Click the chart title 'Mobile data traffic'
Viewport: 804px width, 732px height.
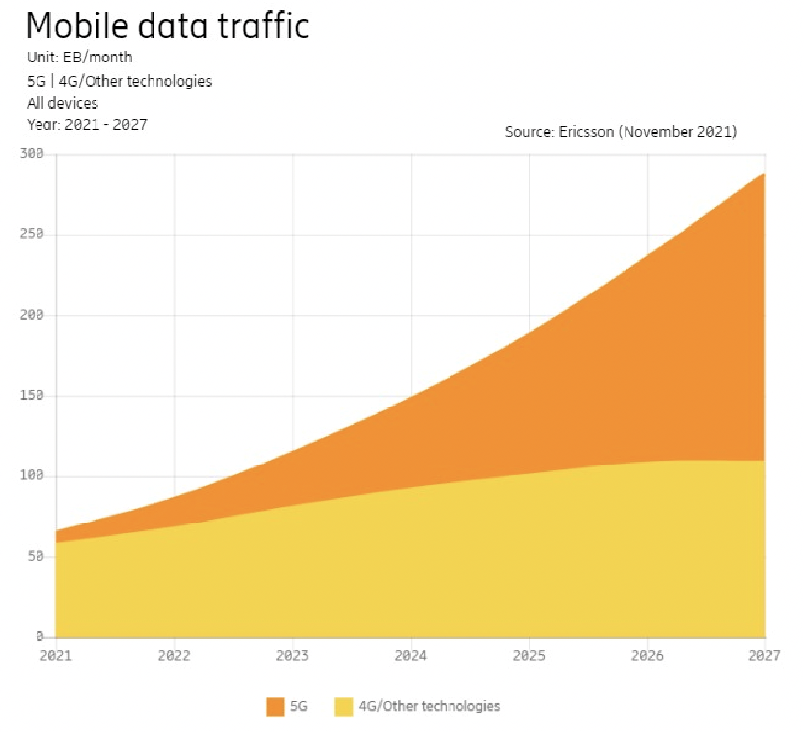168,26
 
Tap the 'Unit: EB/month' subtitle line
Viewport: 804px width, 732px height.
79,57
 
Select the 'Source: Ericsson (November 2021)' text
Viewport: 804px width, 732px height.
620,132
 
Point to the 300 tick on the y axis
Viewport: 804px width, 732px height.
32,154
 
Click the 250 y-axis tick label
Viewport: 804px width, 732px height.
32,234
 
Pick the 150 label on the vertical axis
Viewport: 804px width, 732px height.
32,395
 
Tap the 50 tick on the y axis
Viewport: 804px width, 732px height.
35,556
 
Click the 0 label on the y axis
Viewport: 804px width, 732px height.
40,637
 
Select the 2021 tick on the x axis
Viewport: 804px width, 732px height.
56,656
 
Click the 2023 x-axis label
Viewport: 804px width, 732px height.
292,656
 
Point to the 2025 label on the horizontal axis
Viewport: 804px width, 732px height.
529,656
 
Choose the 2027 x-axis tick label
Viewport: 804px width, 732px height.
764,656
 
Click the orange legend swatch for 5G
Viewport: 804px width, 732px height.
276,706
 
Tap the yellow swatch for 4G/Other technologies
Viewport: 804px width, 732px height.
343,706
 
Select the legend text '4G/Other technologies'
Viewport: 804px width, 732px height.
429,706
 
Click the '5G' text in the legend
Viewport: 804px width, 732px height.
299,706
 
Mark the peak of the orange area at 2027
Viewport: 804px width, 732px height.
764,174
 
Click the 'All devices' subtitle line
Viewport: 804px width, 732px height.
62,103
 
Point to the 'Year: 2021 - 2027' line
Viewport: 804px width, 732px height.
87,125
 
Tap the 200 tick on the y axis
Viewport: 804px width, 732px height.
32,315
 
